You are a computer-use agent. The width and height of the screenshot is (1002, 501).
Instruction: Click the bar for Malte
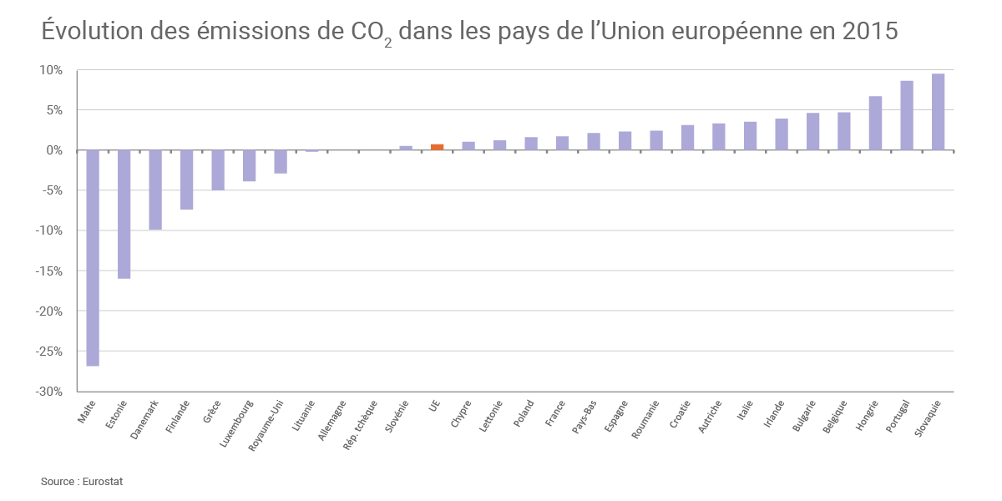pos(93,257)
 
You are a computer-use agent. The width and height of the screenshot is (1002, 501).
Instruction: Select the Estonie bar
pos(124,214)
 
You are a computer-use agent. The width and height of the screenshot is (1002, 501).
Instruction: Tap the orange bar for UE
pos(437,147)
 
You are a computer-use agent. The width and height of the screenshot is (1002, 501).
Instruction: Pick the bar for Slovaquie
pos(938,112)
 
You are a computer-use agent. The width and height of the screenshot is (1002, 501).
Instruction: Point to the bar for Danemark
pos(155,190)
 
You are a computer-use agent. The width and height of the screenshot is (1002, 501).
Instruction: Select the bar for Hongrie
pos(875,123)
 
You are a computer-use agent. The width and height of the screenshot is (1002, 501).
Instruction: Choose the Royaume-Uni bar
pos(281,162)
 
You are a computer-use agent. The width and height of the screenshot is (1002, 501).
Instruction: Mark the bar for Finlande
pos(186,180)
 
